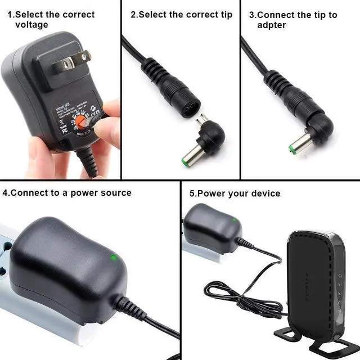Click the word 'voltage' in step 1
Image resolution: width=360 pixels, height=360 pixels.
(x=31, y=25)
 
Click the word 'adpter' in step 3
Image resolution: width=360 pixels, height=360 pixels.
(x=272, y=25)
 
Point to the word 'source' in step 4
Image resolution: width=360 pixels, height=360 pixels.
(x=116, y=192)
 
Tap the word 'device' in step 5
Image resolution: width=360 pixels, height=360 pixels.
(x=265, y=193)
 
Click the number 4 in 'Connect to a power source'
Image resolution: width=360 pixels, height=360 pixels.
(x=5, y=192)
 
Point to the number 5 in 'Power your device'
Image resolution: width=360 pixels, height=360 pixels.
(x=192, y=193)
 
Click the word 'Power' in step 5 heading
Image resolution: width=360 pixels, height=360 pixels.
(x=211, y=193)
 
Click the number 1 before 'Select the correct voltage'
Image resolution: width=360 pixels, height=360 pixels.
(x=10, y=15)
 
